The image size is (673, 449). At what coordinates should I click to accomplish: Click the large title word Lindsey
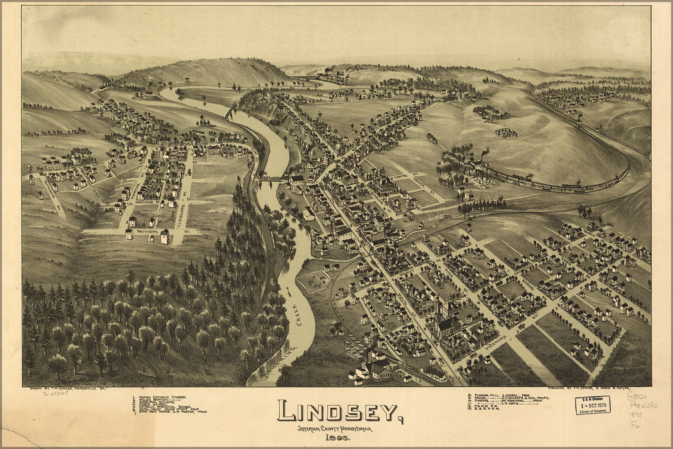tap(338, 411)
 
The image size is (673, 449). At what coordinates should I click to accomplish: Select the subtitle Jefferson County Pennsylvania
tap(334, 428)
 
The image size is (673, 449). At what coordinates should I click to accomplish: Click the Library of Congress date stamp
tap(592, 405)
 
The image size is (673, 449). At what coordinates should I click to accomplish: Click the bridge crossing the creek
tap(272, 179)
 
